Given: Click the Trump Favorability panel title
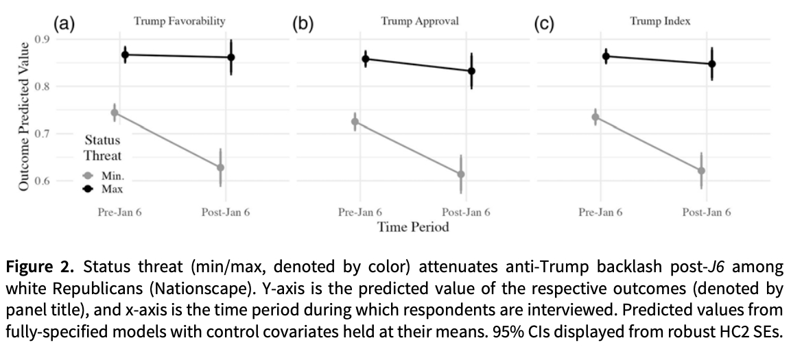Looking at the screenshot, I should [179, 21].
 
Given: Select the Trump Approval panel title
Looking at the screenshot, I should [420, 21].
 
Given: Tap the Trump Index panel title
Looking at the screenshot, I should [660, 21].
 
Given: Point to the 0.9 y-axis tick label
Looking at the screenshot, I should [42, 38].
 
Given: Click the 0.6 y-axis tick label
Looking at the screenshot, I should [42, 181].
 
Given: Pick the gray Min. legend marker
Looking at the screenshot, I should [88, 176].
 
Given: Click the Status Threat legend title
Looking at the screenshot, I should [102, 147].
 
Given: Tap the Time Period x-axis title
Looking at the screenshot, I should [413, 227].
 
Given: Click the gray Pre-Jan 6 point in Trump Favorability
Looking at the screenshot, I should [115, 112].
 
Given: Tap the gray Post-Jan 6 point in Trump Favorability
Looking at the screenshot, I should [221, 167].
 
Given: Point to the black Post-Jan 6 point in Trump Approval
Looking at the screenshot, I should [471, 71].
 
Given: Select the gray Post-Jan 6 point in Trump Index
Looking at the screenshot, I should [701, 171].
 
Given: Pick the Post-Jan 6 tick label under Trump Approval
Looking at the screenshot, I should [466, 212].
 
